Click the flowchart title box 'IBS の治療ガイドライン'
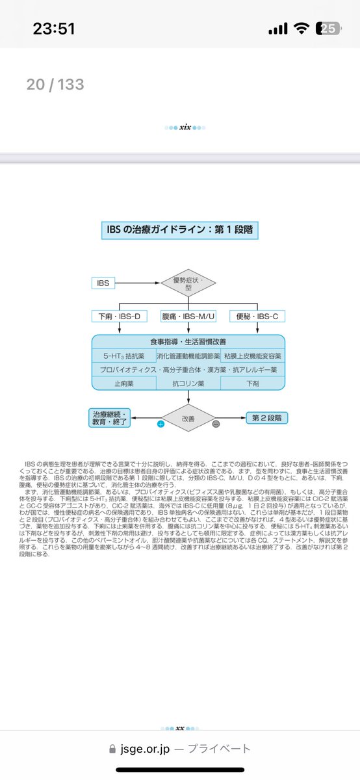tap(179, 229)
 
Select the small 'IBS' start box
tap(103, 283)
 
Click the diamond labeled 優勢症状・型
tap(188, 283)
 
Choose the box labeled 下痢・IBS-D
tap(120, 317)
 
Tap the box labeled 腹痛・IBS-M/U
tap(188, 317)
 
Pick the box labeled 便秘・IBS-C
tap(257, 317)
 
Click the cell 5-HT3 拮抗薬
tap(123, 356)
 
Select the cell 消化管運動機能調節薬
tap(188, 356)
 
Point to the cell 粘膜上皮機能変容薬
tap(252, 356)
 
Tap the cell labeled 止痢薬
tap(123, 383)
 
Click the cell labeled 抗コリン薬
tap(188, 383)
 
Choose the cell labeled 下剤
tap(252, 383)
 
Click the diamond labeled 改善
tap(188, 417)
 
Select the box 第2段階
tap(266, 418)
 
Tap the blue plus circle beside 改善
tap(161, 423)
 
